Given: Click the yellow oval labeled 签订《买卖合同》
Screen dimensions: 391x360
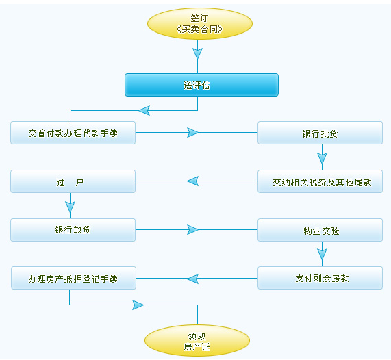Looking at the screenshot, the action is click(200, 24).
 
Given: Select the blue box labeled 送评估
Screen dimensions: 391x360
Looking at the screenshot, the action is click(201, 85).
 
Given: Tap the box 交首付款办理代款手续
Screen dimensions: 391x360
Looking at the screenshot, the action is click(73, 133).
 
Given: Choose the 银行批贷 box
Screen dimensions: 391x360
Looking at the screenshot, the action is click(320, 133).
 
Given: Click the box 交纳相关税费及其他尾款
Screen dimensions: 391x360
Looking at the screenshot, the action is click(320, 181).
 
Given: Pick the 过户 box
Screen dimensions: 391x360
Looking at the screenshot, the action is click(73, 181).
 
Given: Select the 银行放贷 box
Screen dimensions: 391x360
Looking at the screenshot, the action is click(73, 230).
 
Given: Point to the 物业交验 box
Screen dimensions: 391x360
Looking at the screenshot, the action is click(320, 230).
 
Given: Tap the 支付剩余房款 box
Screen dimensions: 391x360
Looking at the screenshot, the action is click(320, 278).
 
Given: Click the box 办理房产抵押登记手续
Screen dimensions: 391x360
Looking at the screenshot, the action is click(73, 278).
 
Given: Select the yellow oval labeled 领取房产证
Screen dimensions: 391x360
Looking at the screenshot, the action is click(197, 341).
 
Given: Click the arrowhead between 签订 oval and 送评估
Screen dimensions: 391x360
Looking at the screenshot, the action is click(197, 53).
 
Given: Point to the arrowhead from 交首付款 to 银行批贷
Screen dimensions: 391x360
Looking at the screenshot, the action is click(192, 132).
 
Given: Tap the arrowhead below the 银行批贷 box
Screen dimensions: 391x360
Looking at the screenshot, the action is click(322, 158).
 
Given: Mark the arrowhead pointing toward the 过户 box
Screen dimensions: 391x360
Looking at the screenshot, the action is click(192, 181).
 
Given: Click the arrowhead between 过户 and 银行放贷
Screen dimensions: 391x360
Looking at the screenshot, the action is click(70, 207).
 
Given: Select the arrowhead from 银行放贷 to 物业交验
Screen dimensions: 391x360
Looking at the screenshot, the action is click(192, 229).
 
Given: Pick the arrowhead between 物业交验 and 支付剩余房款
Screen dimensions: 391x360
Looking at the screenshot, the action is click(322, 255).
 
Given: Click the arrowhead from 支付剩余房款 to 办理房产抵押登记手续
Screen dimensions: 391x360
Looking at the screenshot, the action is click(192, 279).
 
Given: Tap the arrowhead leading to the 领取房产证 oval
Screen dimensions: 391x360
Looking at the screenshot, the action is click(138, 305).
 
